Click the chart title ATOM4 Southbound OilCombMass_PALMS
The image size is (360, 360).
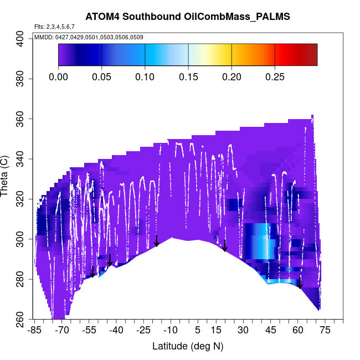[x=188, y=17]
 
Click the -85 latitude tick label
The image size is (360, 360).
[x=35, y=331]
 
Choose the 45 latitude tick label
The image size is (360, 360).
[x=271, y=331]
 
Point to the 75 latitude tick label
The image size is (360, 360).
[x=325, y=331]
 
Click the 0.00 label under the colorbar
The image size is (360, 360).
[x=59, y=77]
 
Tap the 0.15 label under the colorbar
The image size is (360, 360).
[x=188, y=77]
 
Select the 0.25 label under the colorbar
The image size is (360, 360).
[x=275, y=77]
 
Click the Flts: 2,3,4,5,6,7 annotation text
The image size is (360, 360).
[x=54, y=27]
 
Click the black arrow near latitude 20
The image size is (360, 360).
[x=225, y=246]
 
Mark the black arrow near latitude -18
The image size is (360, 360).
[x=157, y=241]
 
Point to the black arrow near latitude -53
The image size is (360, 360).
[x=92, y=271]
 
